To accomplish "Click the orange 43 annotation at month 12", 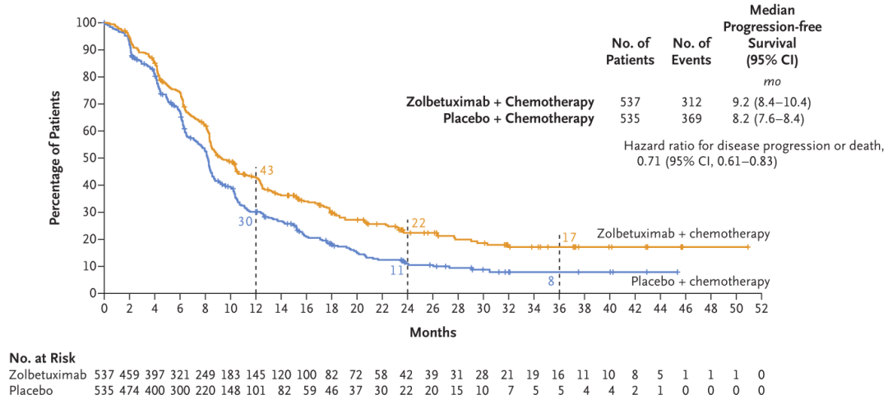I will point(266,170).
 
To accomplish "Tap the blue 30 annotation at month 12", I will point(246,222).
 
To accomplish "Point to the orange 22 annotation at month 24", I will point(419,223).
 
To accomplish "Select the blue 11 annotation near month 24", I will point(396,269).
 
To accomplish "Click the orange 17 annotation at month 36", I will point(570,238).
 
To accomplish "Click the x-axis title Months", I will point(433,333).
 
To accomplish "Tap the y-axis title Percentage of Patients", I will point(55,158).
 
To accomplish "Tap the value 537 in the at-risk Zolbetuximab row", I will point(105,374).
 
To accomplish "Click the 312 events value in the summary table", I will point(691,103).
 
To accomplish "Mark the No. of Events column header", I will point(691,51).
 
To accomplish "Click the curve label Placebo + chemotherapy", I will point(701,282).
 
